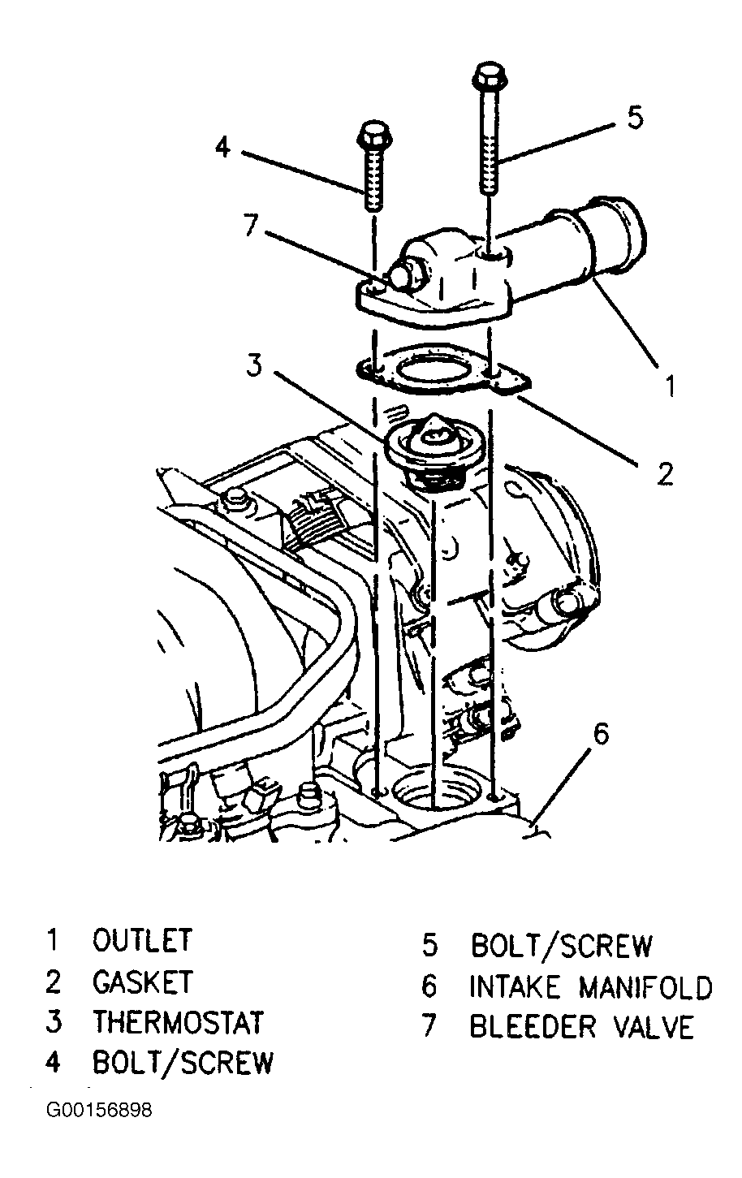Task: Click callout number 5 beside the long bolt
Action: click(636, 117)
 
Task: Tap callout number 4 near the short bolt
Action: click(223, 146)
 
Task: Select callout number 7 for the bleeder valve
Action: click(251, 226)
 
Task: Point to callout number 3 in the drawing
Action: click(255, 365)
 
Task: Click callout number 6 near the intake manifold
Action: click(601, 733)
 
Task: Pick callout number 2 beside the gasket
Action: click(665, 474)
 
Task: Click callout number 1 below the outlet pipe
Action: click(670, 386)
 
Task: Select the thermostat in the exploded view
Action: click(426, 449)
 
